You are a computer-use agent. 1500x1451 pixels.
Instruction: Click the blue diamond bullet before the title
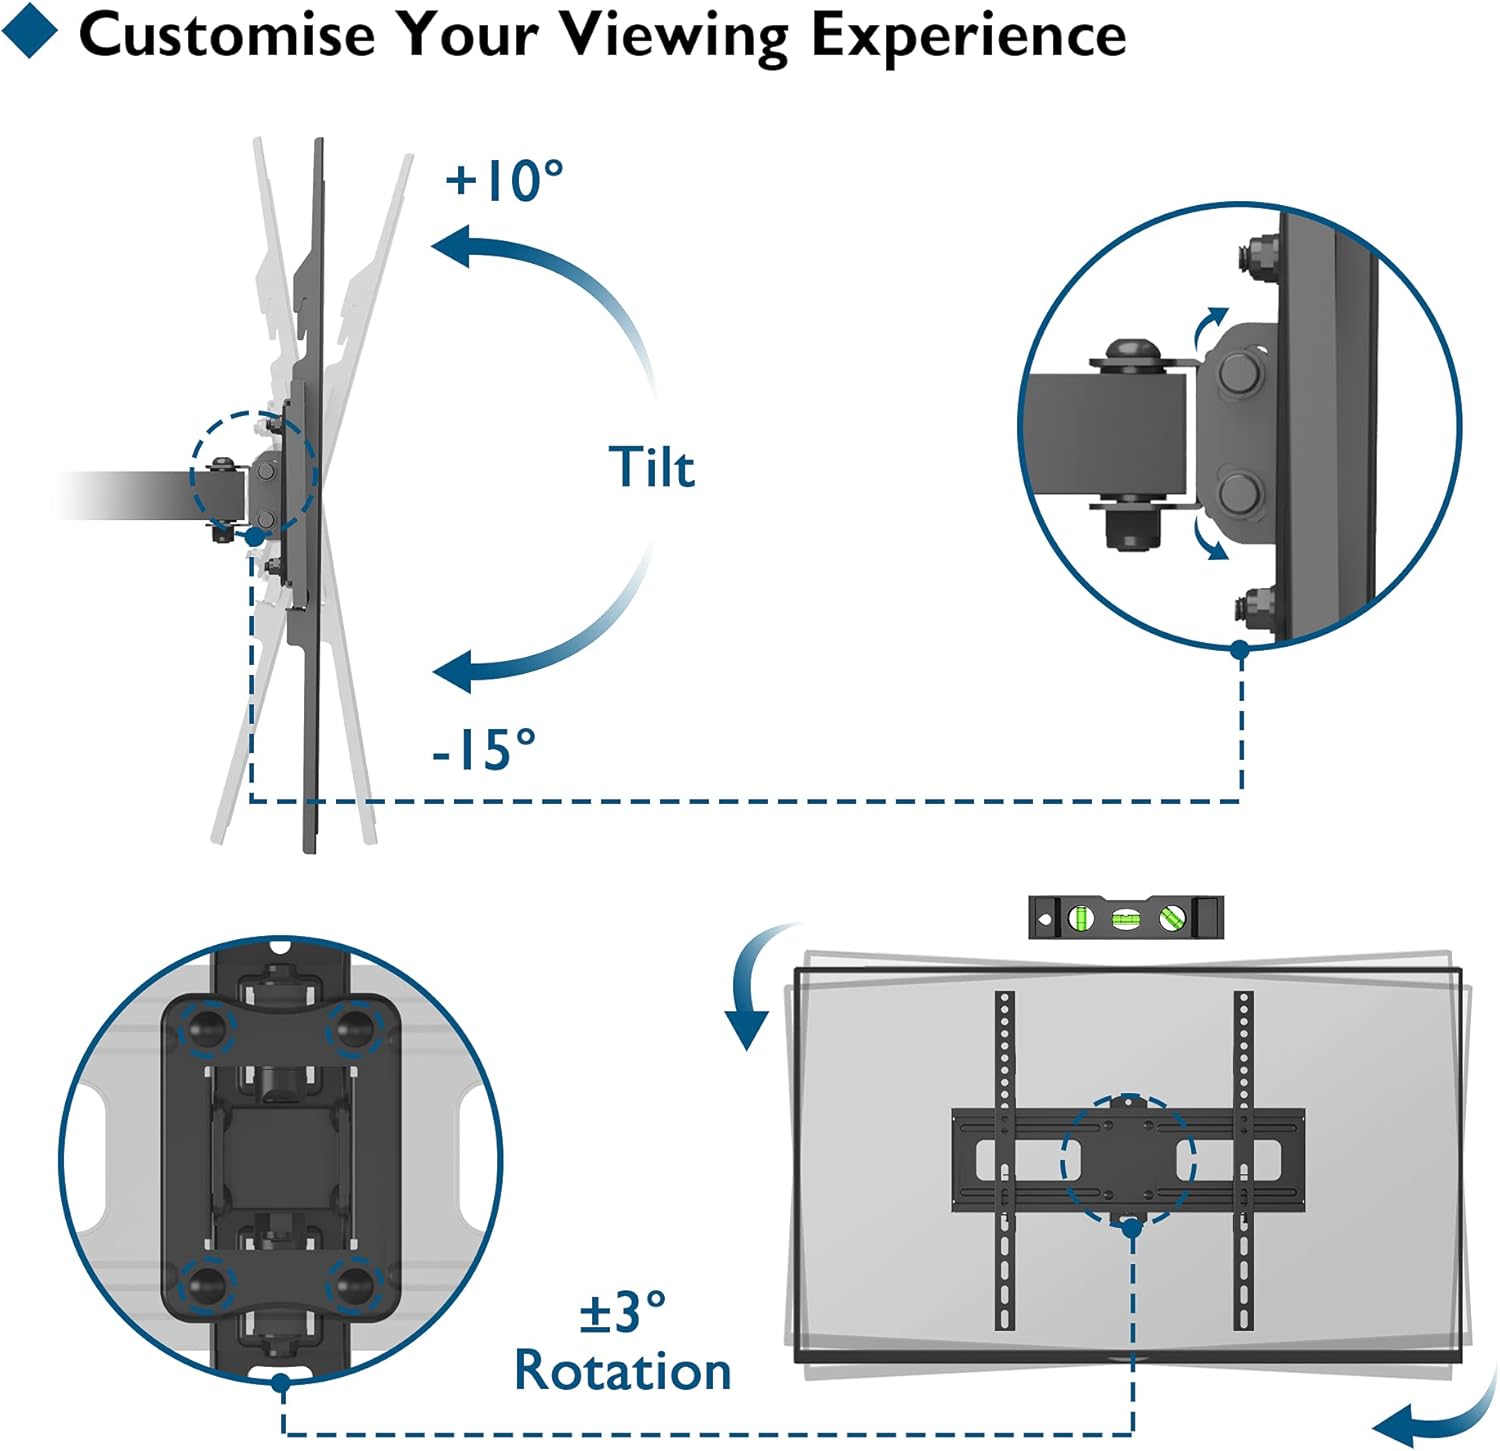pos(29,31)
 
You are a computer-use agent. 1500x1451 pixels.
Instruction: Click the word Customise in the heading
pos(226,35)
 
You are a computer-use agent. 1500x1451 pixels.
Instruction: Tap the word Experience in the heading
pos(967,36)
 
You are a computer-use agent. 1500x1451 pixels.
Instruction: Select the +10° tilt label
pos(504,180)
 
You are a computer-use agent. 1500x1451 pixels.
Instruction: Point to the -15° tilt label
pos(484,748)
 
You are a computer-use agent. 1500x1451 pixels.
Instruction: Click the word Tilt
pos(652,467)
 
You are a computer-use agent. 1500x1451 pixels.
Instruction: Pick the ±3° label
pos(622,1312)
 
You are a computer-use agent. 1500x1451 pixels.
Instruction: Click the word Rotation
pos(622,1371)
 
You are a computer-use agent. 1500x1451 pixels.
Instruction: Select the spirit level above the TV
pos(1125,916)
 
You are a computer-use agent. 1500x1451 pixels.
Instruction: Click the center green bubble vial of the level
pos(1126,917)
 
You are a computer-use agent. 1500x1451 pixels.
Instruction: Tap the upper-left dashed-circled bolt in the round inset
pos(208,1027)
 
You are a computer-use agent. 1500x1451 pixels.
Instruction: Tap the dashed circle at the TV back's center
pos(1128,1160)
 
